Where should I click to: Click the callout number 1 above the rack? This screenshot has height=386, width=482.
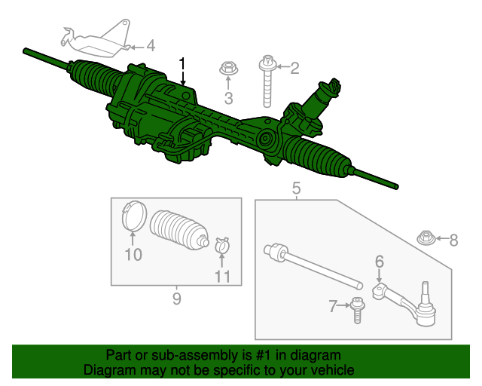pyautogui.click(x=182, y=63)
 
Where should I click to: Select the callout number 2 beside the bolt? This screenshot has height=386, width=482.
pyautogui.click(x=294, y=69)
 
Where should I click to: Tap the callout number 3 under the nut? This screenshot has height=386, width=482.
pyautogui.click(x=228, y=97)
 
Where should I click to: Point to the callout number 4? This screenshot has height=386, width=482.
pyautogui.click(x=151, y=46)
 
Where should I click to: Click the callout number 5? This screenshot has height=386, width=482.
pyautogui.click(x=296, y=187)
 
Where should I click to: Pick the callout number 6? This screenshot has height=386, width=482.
pyautogui.click(x=380, y=262)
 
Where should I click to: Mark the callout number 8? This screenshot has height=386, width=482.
pyautogui.click(x=453, y=240)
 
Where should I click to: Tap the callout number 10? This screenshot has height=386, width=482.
pyautogui.click(x=133, y=255)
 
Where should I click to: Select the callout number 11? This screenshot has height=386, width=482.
pyautogui.click(x=221, y=276)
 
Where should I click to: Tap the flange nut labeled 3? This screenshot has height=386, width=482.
pyautogui.click(x=228, y=70)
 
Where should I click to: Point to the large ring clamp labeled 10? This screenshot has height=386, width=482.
pyautogui.click(x=133, y=217)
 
